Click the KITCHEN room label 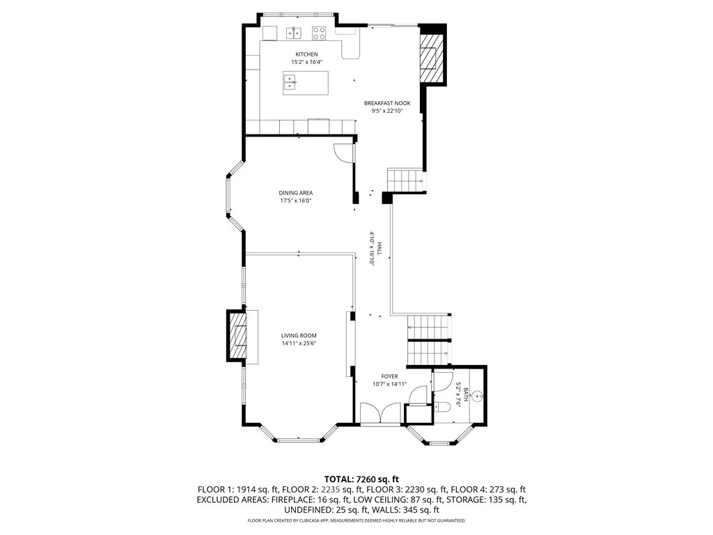pyautogui.click(x=306, y=54)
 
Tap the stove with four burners pyautogui.click(x=320, y=31)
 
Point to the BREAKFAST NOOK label pyautogui.click(x=387, y=103)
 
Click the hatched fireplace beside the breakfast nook pyautogui.click(x=430, y=56)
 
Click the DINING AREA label pyautogui.click(x=295, y=193)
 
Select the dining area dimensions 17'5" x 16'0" pyautogui.click(x=295, y=201)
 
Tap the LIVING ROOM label pyautogui.click(x=299, y=336)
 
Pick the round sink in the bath pyautogui.click(x=477, y=396)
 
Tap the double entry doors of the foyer pyautogui.click(x=381, y=413)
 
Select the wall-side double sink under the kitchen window pyautogui.click(x=293, y=31)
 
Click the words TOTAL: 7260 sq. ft pyautogui.click(x=356, y=479)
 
